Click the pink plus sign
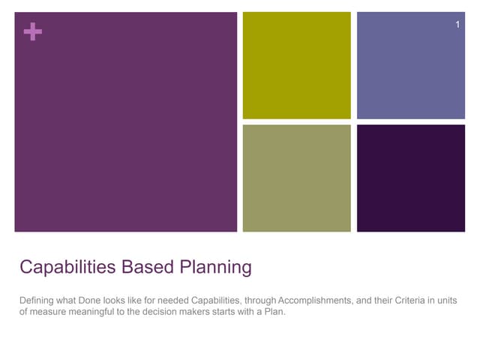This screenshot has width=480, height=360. [32, 31]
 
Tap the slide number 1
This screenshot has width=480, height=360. [457, 27]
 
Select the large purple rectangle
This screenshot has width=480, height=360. [126, 121]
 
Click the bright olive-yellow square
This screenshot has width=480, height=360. [296, 65]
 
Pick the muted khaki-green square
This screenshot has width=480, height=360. [296, 178]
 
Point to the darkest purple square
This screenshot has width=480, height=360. [410, 178]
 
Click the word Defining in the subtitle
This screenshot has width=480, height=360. [37, 301]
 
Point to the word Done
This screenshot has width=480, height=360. [89, 301]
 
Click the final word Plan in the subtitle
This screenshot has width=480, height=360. [276, 313]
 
